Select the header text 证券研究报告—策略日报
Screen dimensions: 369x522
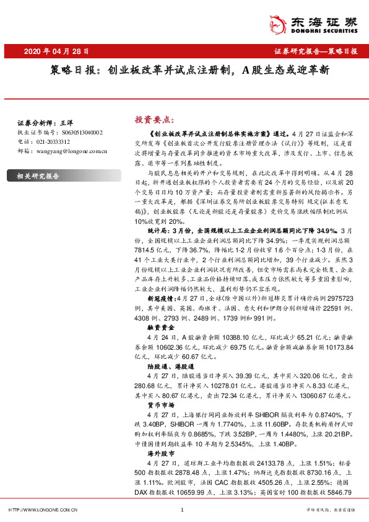(315, 51)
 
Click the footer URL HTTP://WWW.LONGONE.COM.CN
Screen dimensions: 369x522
(41, 510)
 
